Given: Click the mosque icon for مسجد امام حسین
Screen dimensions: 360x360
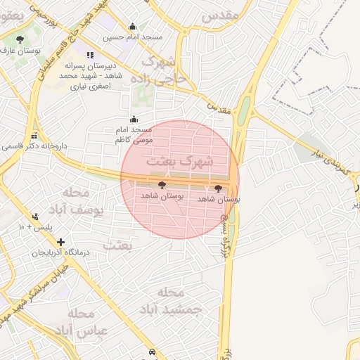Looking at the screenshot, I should [132, 27].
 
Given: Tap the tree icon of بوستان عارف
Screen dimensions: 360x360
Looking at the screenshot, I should [19, 40].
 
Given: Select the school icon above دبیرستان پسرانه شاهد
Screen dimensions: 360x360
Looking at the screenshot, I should [89, 55].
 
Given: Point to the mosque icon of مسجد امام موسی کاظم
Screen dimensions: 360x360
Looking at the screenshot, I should [134, 120].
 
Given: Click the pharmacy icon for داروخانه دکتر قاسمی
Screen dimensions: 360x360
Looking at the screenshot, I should [34, 136].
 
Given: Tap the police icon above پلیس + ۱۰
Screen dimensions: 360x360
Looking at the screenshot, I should [35, 217].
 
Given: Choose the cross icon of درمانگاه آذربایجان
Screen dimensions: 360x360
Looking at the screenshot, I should [60, 242].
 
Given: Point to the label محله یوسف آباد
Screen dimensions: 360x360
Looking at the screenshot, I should [82, 200].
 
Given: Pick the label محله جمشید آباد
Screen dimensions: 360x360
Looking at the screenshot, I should [176, 300].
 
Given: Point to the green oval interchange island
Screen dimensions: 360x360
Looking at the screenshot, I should [244, 112].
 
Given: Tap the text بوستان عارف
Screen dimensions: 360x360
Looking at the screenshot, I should [20, 51].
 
